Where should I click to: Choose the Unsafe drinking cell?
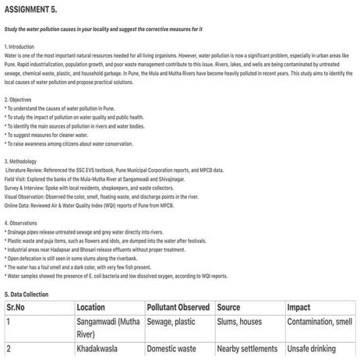(x=316, y=351)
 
